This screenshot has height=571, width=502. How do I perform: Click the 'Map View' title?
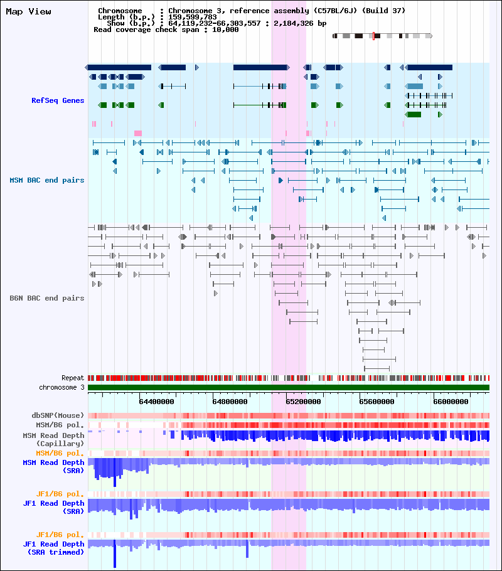tap(28, 12)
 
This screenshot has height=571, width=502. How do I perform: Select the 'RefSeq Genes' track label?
tap(58, 100)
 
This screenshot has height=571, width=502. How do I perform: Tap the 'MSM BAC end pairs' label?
tap(47, 180)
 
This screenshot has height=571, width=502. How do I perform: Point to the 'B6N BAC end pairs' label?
tap(47, 298)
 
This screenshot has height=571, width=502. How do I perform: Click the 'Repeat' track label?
tap(73, 378)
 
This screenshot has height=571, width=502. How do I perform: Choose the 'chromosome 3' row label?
tap(61, 388)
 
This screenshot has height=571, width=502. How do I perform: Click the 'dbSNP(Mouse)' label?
tap(58, 415)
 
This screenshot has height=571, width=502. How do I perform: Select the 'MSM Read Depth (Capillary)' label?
tap(53, 439)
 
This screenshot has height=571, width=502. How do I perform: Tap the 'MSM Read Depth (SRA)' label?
tap(53, 466)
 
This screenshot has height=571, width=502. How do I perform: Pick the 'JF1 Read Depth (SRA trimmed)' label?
tap(53, 548)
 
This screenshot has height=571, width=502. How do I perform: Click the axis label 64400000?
tap(157, 402)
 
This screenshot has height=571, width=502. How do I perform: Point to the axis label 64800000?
tap(230, 402)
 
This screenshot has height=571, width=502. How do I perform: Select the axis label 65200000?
tap(304, 402)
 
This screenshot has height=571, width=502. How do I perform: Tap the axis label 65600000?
tap(376, 402)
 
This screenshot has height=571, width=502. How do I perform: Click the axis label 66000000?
tap(451, 402)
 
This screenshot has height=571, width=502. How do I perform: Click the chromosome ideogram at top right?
tap(382, 36)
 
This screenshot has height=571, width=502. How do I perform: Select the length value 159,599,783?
tap(193, 17)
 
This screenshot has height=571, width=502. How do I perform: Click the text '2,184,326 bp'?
tap(300, 23)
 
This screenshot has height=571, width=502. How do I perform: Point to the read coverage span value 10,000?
tap(225, 30)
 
